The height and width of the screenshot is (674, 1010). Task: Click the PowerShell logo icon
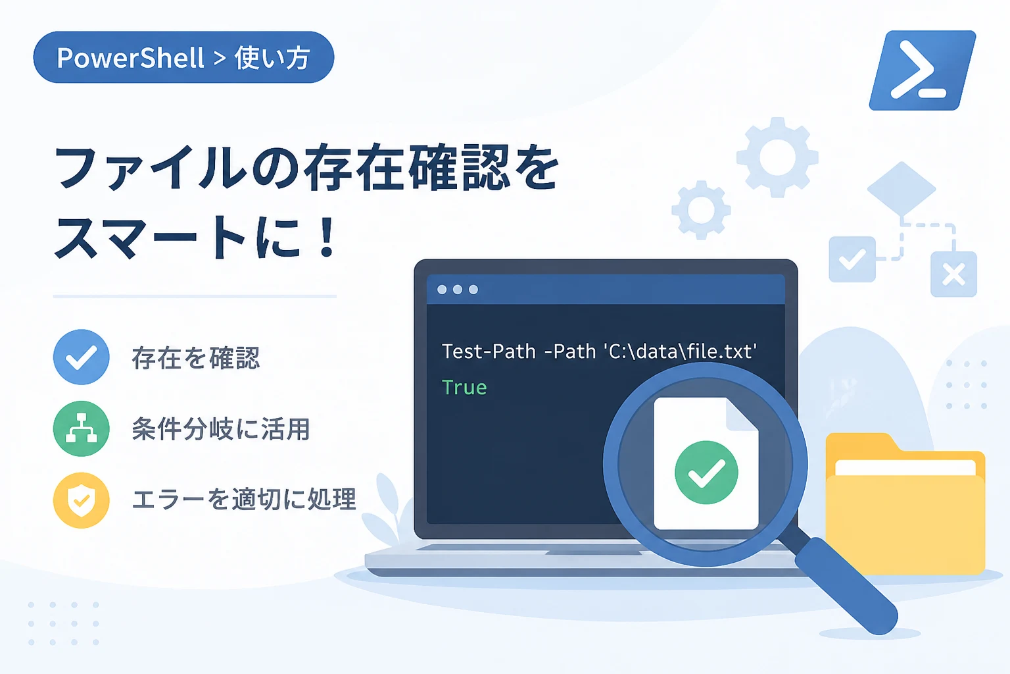pyautogui.click(x=923, y=70)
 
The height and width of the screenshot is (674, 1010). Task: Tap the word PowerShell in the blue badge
pyautogui.click(x=130, y=58)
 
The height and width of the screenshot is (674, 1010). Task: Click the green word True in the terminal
pyautogui.click(x=464, y=387)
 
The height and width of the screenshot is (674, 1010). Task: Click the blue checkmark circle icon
pyautogui.click(x=81, y=357)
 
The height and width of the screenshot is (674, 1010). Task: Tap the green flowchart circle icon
pyautogui.click(x=81, y=428)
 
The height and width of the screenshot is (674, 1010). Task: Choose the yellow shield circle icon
pyautogui.click(x=81, y=500)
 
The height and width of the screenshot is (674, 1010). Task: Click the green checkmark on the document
pyautogui.click(x=706, y=472)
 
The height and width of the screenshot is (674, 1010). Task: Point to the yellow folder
pyautogui.click(x=905, y=504)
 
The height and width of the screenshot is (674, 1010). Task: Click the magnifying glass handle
pyautogui.click(x=846, y=587)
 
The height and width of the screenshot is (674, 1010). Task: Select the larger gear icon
pyautogui.click(x=777, y=157)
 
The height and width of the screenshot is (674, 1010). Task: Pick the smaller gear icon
pyautogui.click(x=701, y=210)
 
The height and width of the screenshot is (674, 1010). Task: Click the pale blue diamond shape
pyautogui.click(x=902, y=189)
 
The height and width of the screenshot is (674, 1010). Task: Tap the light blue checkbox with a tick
pyautogui.click(x=852, y=259)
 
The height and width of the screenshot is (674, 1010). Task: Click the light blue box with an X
pyautogui.click(x=953, y=274)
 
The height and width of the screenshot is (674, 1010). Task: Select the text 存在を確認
pyautogui.click(x=196, y=358)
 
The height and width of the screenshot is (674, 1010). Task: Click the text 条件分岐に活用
pyautogui.click(x=220, y=429)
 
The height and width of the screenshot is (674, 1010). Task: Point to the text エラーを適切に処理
pyautogui.click(x=244, y=500)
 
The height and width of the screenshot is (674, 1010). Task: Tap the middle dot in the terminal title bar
pyautogui.click(x=458, y=290)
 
